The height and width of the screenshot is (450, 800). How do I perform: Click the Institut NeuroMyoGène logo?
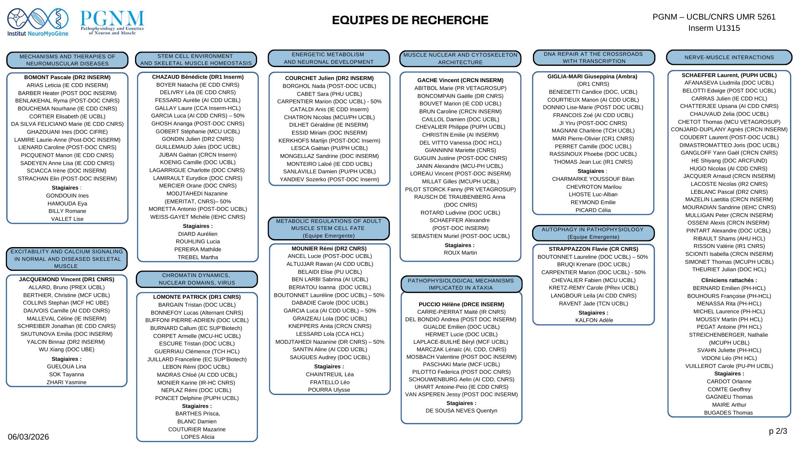(x=37, y=22)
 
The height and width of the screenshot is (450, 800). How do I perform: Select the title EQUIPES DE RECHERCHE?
(x=410, y=20)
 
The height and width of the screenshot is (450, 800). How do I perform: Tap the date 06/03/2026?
(x=28, y=437)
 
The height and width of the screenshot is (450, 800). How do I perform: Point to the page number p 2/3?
(x=778, y=431)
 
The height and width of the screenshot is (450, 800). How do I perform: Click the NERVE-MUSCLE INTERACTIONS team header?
(x=729, y=57)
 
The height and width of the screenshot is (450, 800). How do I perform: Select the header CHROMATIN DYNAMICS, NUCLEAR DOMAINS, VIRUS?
(x=197, y=279)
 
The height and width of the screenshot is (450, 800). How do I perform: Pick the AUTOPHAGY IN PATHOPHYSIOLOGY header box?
(x=593, y=233)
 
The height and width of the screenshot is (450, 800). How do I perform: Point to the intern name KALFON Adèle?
(x=594, y=320)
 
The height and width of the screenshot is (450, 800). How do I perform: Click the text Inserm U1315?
(x=714, y=28)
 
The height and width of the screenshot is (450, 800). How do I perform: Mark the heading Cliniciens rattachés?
(x=729, y=280)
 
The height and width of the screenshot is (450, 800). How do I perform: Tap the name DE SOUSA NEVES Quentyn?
(x=461, y=411)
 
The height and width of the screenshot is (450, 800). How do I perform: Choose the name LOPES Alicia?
(x=197, y=437)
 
